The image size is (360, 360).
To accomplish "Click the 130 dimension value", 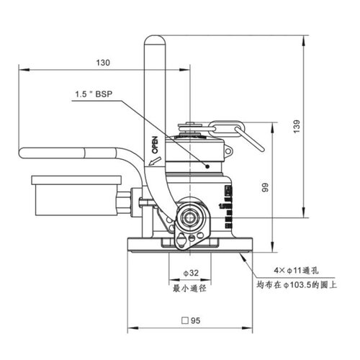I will tap(103, 63).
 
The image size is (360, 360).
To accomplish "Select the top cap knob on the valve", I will tap(193, 130).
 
